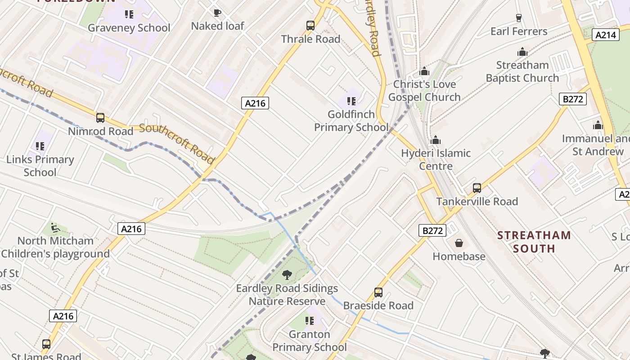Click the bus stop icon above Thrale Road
310,26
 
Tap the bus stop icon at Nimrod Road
100,118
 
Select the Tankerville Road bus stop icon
477,188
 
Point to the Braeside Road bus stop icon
378,292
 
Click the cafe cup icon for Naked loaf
217,13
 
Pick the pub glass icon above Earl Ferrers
519,18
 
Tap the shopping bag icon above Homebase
459,243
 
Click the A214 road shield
606,35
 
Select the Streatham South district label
534,242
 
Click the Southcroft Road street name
176,143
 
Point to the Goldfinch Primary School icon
351,101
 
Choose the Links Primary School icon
40,146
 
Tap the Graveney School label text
129,28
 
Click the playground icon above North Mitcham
55,228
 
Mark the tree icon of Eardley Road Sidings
287,274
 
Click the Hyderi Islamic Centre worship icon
436,140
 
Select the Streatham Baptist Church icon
522,52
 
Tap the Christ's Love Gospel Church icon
424,71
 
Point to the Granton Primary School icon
310,321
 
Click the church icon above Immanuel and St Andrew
598,125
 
